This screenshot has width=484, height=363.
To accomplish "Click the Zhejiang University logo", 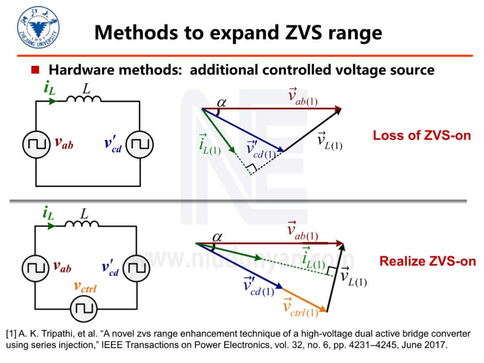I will click(x=39, y=28).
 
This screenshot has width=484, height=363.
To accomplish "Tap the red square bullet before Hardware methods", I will click(x=35, y=70).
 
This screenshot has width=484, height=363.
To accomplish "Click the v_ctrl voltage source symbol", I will click(x=83, y=309).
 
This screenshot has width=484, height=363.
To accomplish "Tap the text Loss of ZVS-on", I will click(x=422, y=135).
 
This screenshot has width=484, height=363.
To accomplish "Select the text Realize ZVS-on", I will click(x=428, y=261).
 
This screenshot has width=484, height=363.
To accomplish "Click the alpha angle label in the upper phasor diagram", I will click(x=221, y=103).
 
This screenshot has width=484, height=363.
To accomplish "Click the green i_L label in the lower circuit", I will click(x=48, y=213).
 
